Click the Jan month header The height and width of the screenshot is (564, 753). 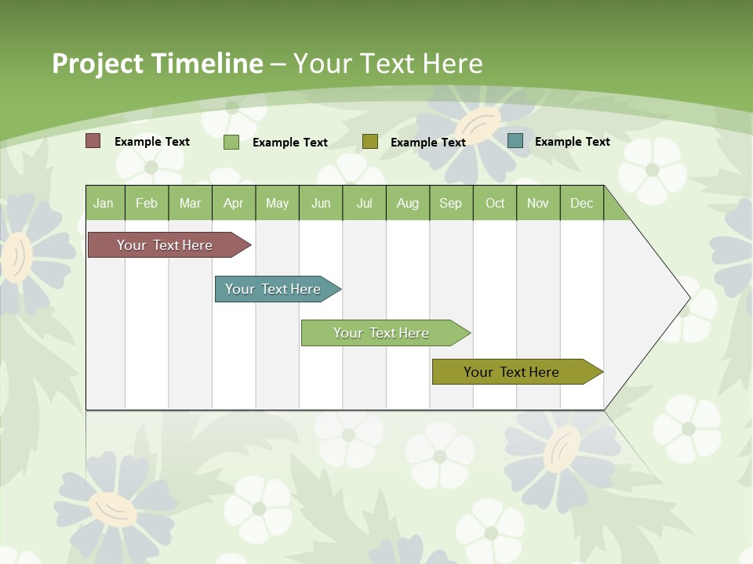tap(104, 203)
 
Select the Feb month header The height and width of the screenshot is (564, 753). tap(147, 203)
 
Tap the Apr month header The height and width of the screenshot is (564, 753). tap(234, 203)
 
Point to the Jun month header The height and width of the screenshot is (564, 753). tap(321, 203)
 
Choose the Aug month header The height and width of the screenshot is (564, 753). tap(408, 203)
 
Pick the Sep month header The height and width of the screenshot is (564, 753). tap(451, 203)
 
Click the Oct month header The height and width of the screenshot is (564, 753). tap(495, 203)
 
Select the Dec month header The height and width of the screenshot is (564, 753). tap(582, 203)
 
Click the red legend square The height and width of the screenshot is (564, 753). tap(93, 141)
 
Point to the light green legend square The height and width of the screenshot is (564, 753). tap(231, 142)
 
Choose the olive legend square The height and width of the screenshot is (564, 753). tap(370, 142)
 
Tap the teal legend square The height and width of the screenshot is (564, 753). tap(515, 141)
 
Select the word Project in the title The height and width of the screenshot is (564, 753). tap(97, 63)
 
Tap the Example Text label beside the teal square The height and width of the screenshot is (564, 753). tap(573, 141)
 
